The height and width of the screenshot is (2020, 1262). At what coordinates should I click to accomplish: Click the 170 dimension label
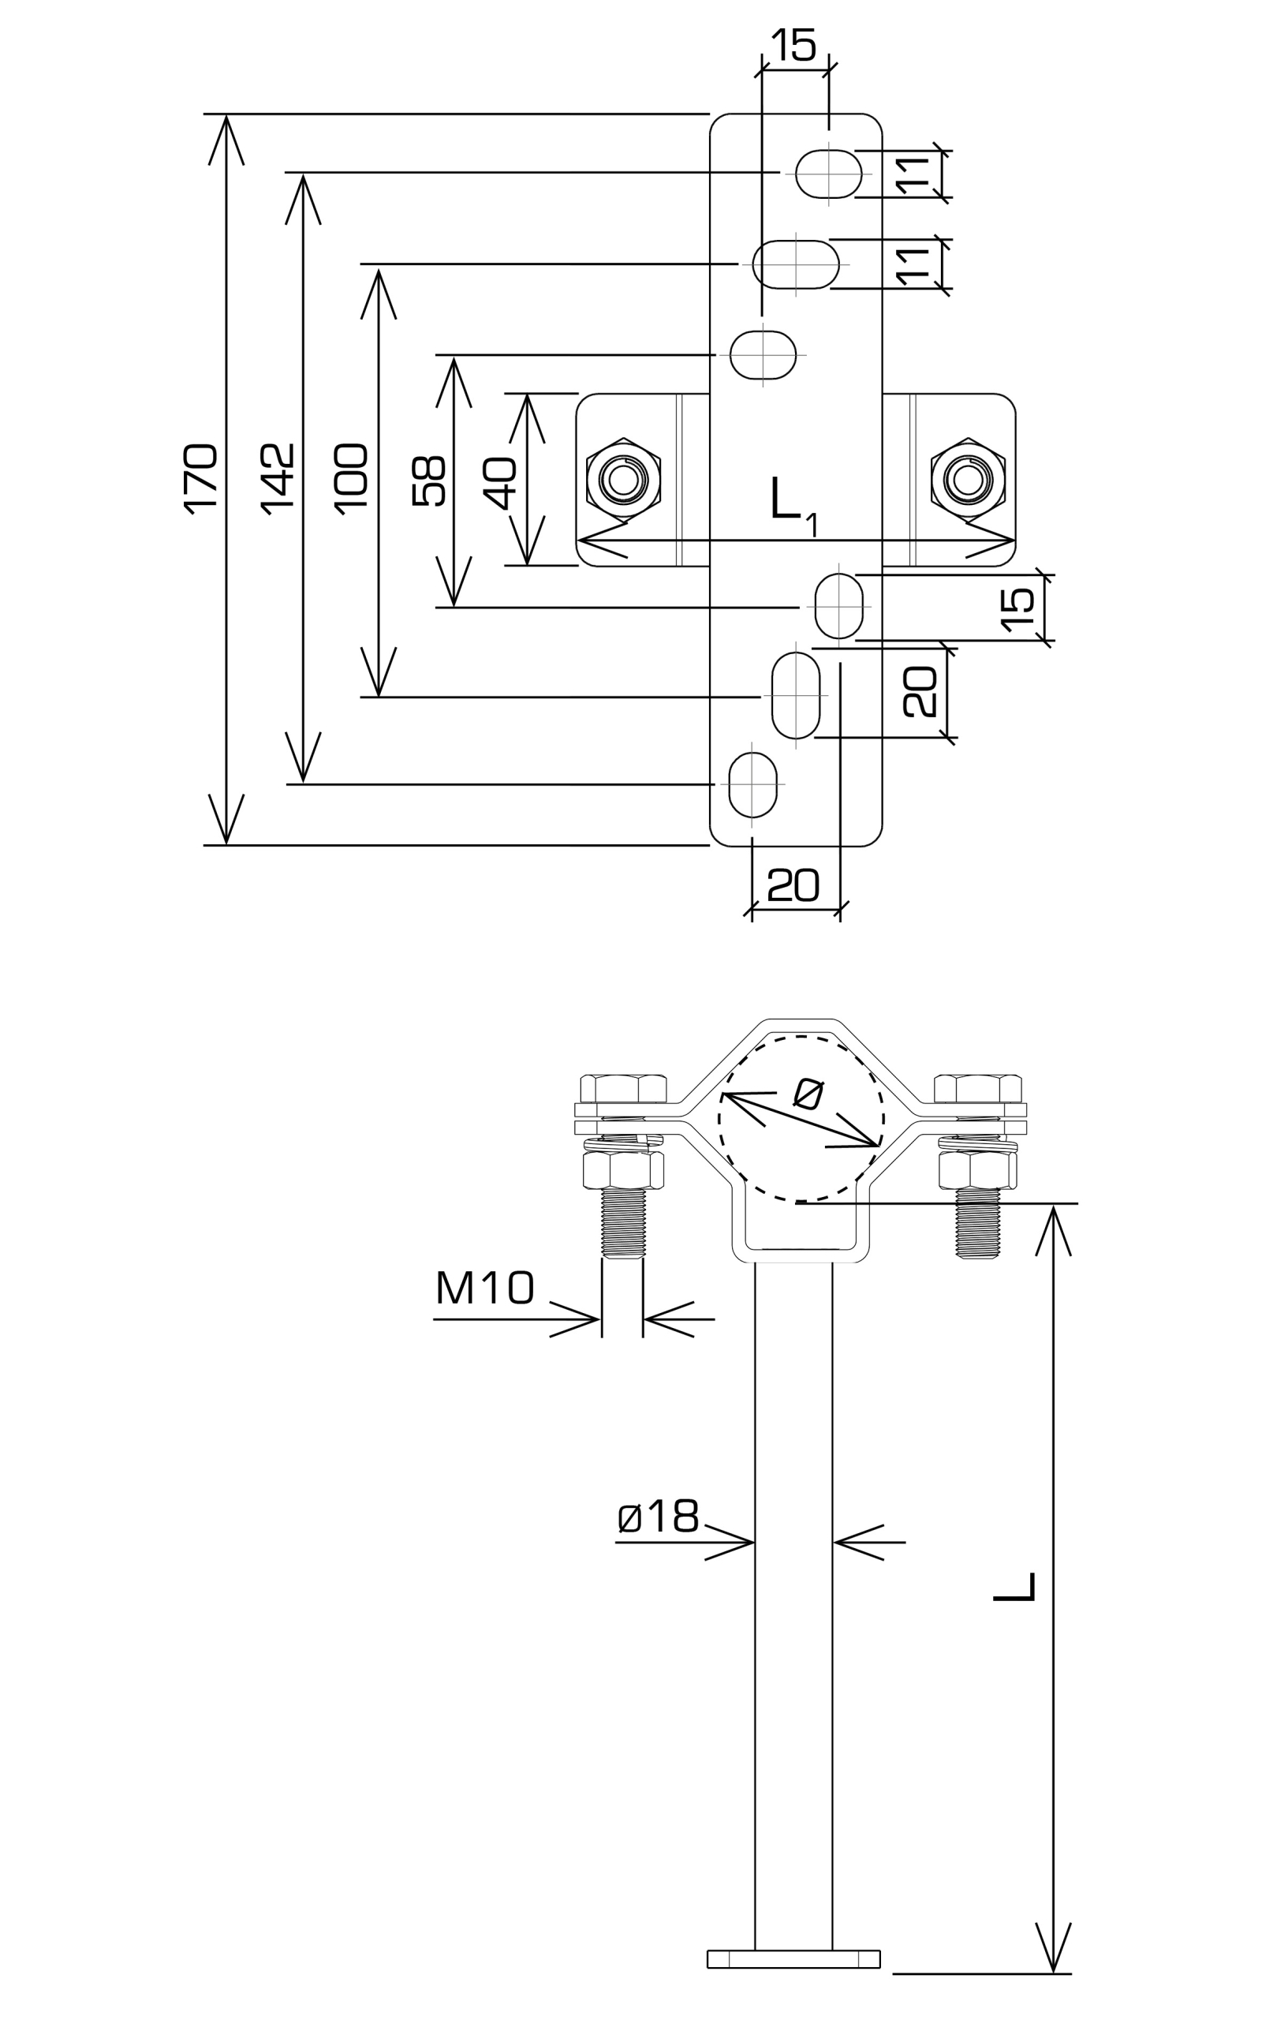coord(201,479)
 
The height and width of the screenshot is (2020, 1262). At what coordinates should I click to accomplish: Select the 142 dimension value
coord(278,479)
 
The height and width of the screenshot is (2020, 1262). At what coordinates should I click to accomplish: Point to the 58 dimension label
coord(429,481)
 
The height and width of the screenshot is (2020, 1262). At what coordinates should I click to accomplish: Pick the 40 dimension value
coord(502,482)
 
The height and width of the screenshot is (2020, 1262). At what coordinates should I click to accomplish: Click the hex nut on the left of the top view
coord(622,479)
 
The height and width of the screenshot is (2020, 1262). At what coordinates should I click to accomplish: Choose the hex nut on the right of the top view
coord(969,479)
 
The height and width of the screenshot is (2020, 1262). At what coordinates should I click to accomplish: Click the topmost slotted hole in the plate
coord(829,174)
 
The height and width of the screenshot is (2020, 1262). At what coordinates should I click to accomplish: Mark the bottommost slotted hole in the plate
coord(752,784)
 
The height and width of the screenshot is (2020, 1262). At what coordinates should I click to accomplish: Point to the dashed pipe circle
coord(800,1120)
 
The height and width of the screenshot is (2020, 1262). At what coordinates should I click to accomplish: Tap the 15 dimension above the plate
coord(793,45)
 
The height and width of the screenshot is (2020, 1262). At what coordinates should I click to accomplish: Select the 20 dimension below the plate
coord(793,885)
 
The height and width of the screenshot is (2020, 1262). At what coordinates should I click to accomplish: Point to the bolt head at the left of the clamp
coord(622,1088)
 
